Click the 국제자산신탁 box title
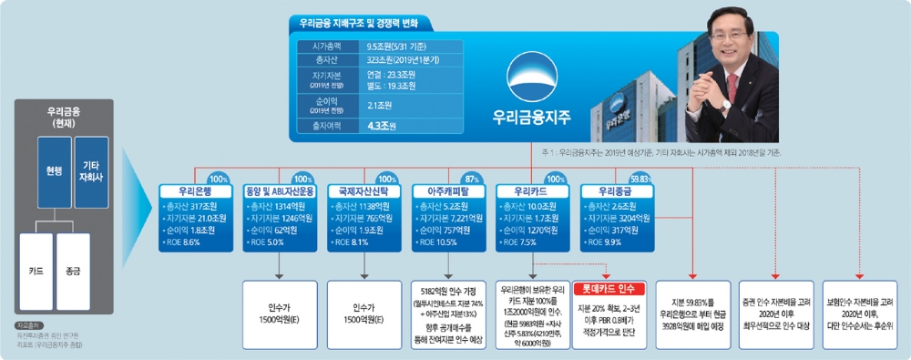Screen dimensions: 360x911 [x=363, y=192]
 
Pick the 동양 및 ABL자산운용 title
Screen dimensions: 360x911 [x=279, y=192]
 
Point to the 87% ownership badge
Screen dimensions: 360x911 [x=471, y=178]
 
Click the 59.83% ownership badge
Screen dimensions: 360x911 [x=641, y=178]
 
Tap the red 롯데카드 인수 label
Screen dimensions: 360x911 [x=609, y=289]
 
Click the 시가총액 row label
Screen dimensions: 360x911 [x=327, y=44]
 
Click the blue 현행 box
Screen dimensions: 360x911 [x=54, y=170]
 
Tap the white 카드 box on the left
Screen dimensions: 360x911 [x=36, y=271]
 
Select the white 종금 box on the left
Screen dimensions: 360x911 [x=73, y=271]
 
